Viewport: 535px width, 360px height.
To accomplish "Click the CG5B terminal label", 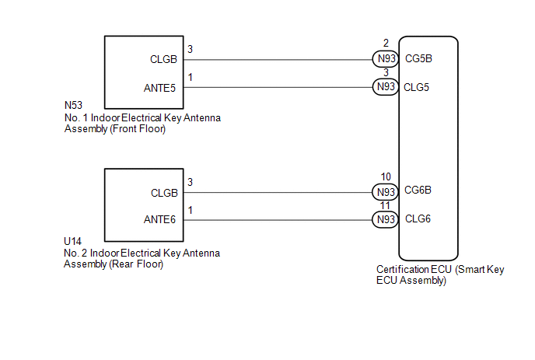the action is (418, 58).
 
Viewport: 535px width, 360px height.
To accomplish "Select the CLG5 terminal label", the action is (416, 87).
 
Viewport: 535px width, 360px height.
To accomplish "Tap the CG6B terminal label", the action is (418, 190).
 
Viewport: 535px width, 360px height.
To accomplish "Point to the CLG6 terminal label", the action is (418, 218).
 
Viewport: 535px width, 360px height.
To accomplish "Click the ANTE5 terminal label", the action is (159, 88).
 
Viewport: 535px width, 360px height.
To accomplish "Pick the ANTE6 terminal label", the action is (159, 219).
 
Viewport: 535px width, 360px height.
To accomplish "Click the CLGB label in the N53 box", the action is (163, 59).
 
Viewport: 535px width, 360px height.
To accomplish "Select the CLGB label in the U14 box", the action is (164, 193).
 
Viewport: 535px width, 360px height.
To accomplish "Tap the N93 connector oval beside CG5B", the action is (386, 58).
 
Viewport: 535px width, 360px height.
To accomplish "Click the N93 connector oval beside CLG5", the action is (386, 86).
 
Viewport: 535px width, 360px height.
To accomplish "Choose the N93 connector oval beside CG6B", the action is (386, 193).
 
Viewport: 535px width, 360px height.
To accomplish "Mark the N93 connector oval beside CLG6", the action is (386, 219).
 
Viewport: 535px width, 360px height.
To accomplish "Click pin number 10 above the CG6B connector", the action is (386, 177).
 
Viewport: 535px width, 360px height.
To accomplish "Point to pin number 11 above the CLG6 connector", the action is (385, 206).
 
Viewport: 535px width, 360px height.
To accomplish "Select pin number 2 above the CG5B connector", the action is (386, 43).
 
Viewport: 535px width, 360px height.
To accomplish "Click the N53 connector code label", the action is (73, 105).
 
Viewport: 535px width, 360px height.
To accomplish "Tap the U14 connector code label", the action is (72, 241).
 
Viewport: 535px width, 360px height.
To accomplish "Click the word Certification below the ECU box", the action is (402, 269).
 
